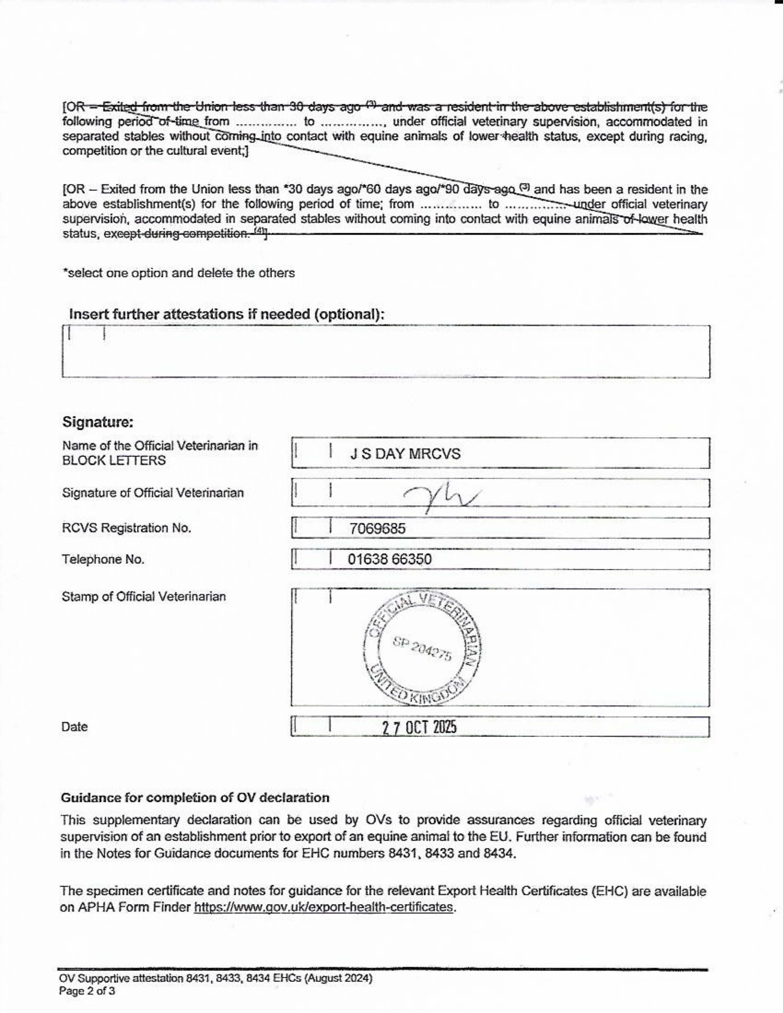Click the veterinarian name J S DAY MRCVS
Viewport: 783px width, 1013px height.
point(405,454)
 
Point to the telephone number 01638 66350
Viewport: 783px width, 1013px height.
point(389,559)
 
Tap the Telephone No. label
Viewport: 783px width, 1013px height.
point(103,559)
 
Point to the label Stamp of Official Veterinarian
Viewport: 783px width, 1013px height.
point(144,596)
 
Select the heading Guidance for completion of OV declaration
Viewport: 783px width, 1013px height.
point(195,798)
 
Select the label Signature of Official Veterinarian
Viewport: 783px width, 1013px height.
point(153,493)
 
